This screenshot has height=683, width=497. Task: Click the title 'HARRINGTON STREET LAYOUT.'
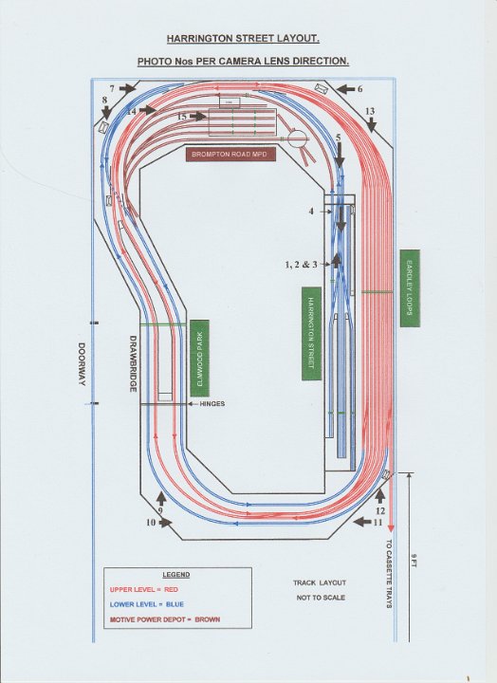pos(243,39)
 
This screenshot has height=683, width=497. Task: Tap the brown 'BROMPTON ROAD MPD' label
pos(230,155)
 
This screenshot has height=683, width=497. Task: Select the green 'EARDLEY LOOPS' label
pos(410,288)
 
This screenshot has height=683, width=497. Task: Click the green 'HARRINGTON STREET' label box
pos(311,333)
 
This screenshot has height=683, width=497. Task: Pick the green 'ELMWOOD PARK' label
pos(199,358)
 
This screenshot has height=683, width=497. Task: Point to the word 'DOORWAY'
pos(82,364)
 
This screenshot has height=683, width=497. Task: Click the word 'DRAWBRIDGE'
pos(133,363)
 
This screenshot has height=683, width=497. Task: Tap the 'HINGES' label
pos(212,404)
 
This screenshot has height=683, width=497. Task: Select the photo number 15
pos(182,117)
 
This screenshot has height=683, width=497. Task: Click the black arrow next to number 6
pos(346,89)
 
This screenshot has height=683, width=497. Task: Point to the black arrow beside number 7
pos(127,89)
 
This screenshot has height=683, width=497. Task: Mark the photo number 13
pos(370,112)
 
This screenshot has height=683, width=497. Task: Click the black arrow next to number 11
pos(362,522)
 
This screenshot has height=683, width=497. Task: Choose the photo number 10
pos(151,523)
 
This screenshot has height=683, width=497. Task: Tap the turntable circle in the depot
pos(298,139)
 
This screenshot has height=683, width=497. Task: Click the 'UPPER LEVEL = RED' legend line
pos(144,589)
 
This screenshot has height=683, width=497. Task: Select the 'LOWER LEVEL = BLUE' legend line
pos(147,604)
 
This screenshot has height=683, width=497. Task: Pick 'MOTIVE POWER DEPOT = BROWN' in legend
pos(165,618)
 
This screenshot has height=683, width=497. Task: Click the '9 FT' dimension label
pos(414,561)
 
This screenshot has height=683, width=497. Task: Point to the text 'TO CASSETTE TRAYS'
pos(389,574)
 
